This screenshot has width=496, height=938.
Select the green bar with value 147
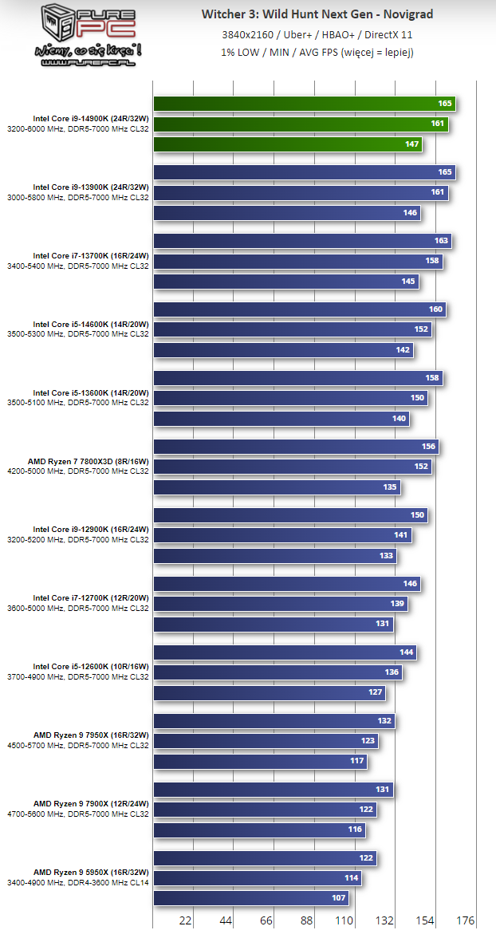[287, 144]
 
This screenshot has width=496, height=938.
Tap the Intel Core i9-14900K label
[90, 118]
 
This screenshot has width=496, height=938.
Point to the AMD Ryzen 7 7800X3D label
[88, 461]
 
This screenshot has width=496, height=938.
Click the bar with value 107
[250, 899]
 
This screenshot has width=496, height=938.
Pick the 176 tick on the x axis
[464, 920]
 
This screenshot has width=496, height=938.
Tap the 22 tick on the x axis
[185, 920]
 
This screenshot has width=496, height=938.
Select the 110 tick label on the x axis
[344, 920]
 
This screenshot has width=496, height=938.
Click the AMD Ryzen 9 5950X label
[90, 873]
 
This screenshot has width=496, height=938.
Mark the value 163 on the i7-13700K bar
[442, 241]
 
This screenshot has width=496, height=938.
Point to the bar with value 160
[299, 309]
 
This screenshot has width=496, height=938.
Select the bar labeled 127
[269, 693]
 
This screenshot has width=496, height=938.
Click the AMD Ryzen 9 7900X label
[90, 804]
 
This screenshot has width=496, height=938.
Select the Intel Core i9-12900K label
[90, 530]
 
